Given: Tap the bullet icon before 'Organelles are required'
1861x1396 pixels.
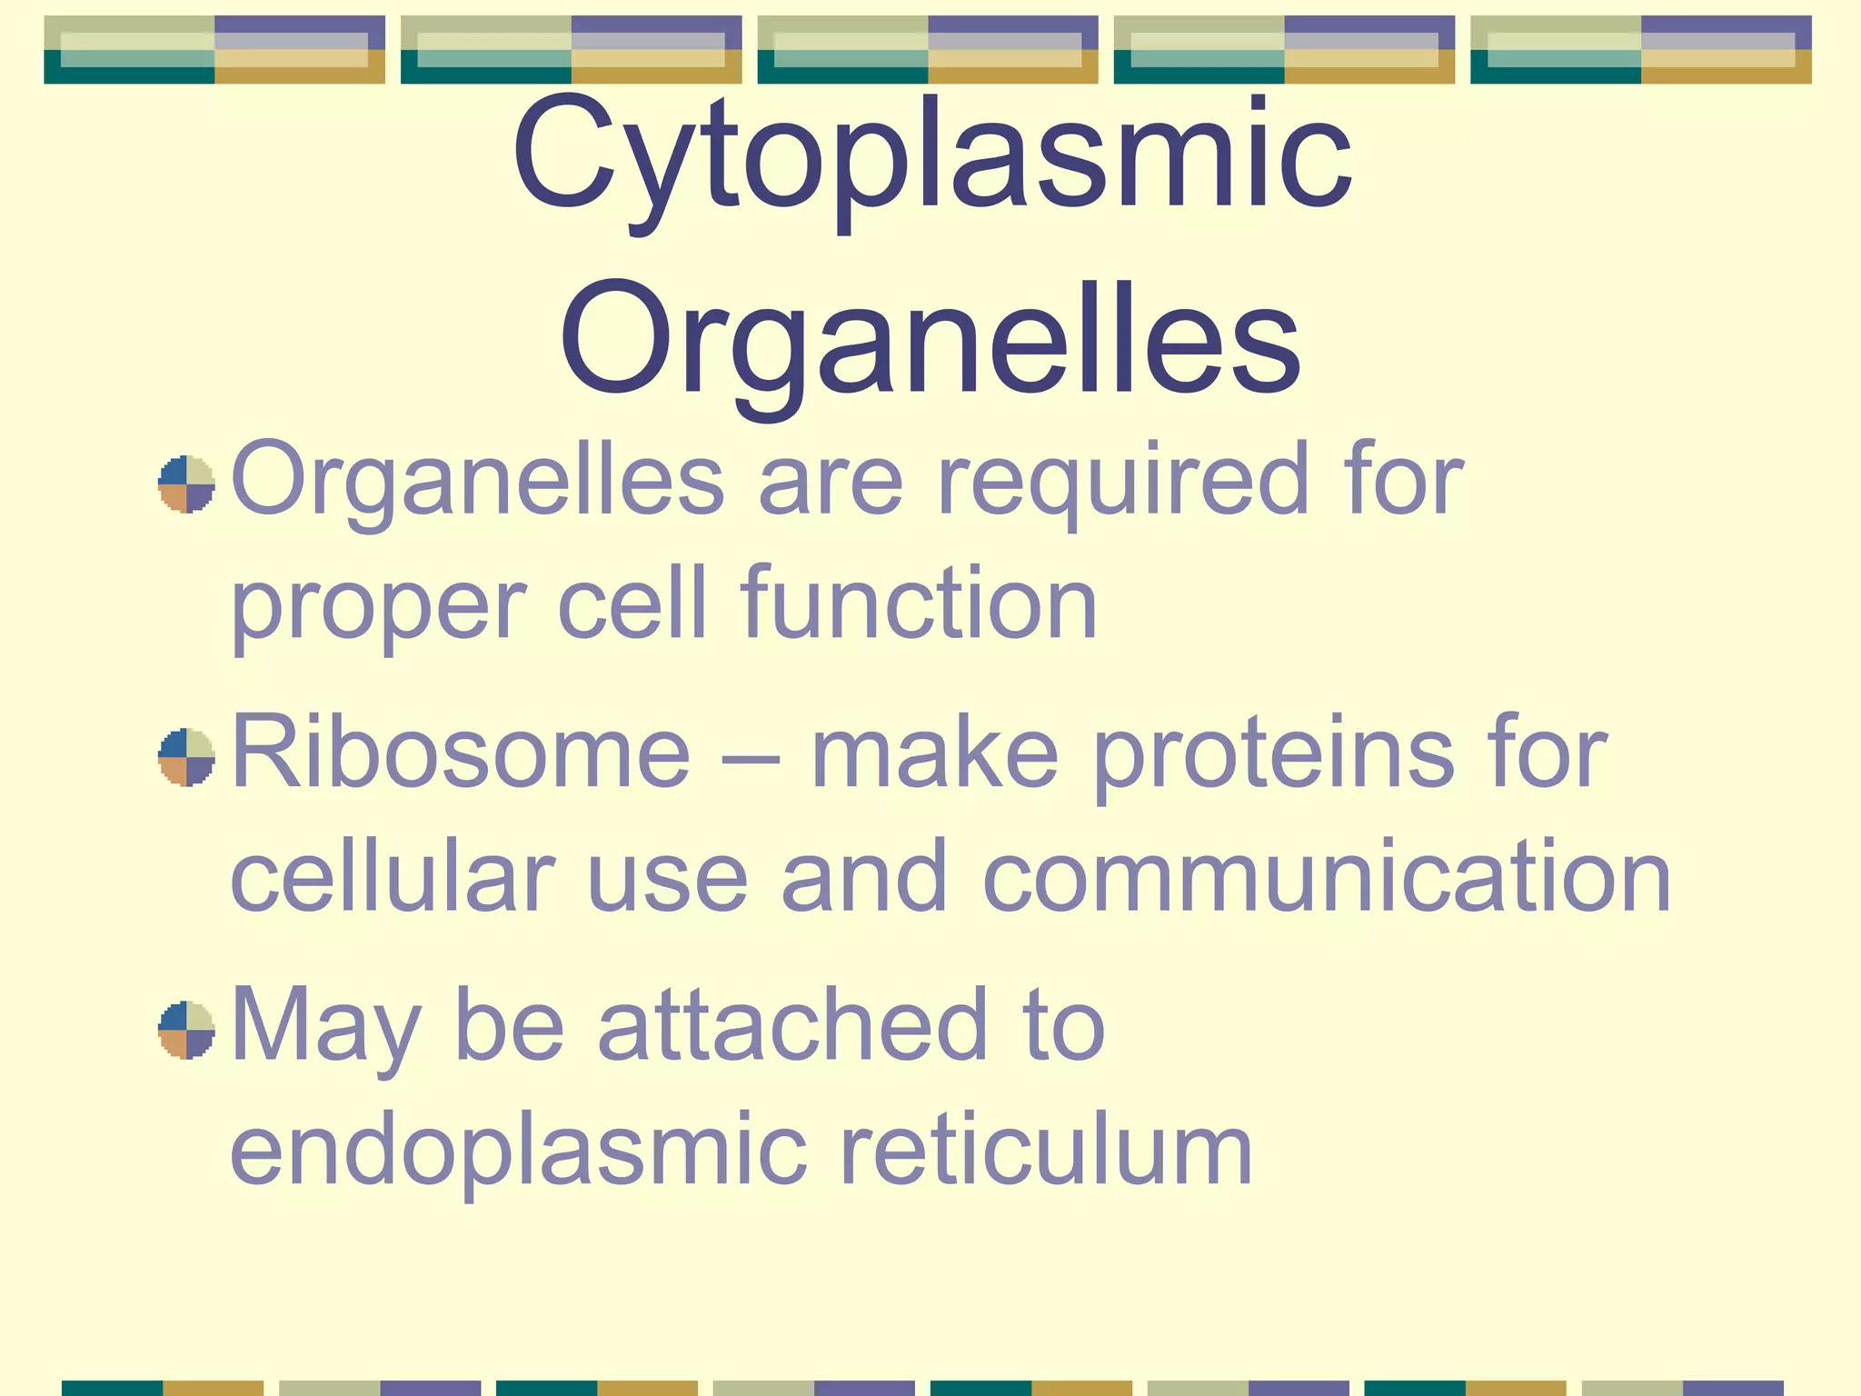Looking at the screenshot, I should [x=186, y=484].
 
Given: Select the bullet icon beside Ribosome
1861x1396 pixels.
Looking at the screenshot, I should [x=186, y=756].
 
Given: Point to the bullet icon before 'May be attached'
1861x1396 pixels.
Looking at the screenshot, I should [x=186, y=1030].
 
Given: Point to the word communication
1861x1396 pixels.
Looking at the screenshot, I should [x=1327, y=876].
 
